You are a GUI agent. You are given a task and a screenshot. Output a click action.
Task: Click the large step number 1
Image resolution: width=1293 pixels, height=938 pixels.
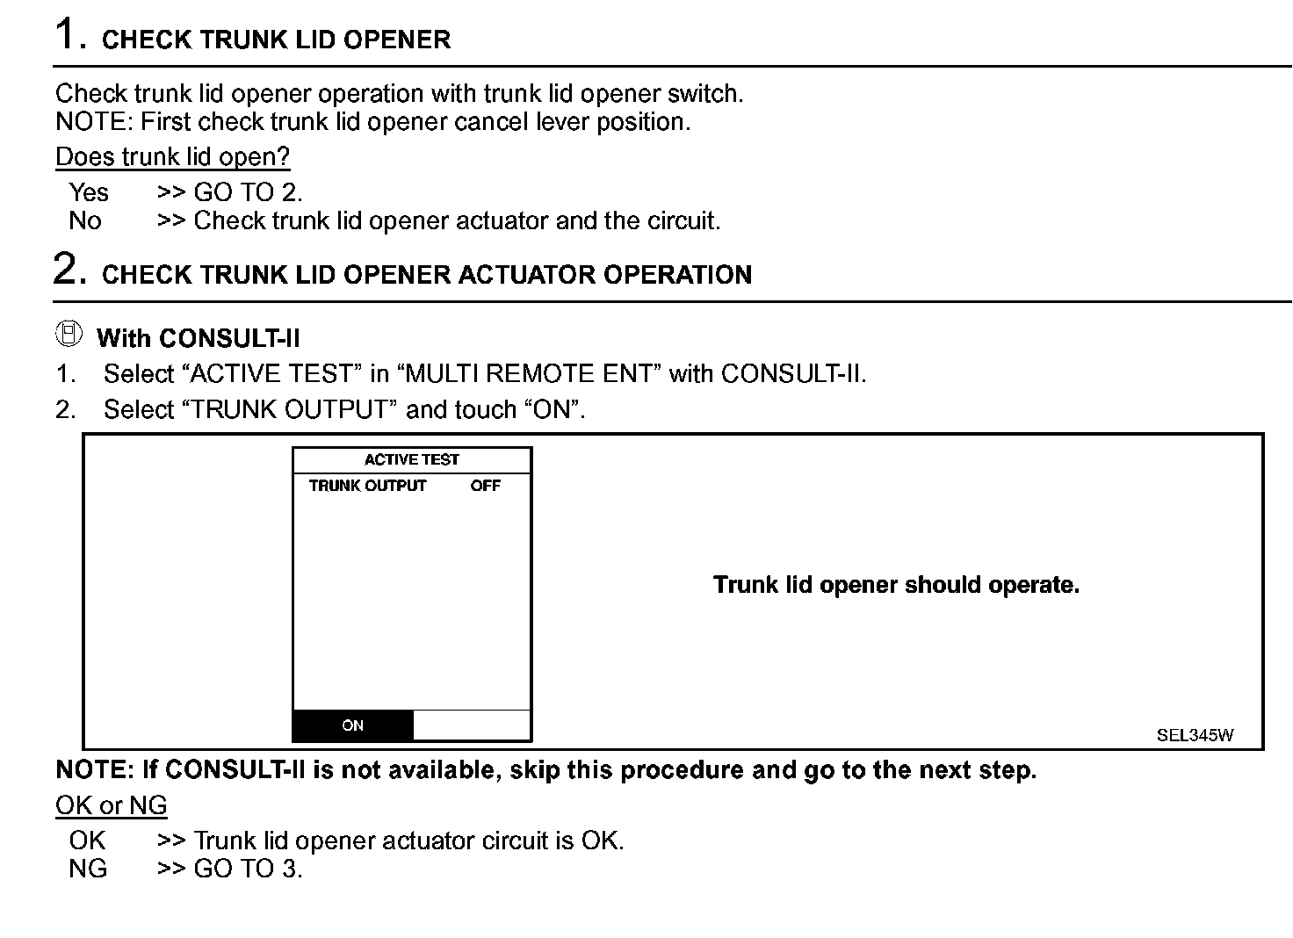coord(69,35)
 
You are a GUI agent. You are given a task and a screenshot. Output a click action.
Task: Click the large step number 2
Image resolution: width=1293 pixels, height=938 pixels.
coord(69,269)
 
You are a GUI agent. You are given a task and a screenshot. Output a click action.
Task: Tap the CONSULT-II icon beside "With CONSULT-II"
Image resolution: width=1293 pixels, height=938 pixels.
coord(69,334)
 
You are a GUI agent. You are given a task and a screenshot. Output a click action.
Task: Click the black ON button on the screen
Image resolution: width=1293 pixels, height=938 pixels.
coord(352,725)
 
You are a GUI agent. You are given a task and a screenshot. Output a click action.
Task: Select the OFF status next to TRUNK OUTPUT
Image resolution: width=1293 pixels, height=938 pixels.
coord(485,486)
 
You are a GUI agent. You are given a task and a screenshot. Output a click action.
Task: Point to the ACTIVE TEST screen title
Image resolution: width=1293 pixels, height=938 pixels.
coord(411,459)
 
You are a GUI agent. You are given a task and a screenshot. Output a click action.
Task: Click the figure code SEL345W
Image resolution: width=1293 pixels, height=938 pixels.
coord(1195,736)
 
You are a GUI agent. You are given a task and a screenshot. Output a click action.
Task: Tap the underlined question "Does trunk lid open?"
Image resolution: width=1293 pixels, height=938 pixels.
coord(172,157)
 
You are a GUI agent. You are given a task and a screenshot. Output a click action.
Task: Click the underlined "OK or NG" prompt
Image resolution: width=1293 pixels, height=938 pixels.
coord(111,805)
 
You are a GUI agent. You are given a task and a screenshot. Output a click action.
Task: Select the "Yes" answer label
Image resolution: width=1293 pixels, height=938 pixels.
coord(89,192)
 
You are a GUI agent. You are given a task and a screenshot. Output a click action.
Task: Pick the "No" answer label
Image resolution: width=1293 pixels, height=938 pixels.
coord(85,220)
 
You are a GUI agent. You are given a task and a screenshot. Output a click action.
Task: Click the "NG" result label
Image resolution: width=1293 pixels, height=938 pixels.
coord(88,869)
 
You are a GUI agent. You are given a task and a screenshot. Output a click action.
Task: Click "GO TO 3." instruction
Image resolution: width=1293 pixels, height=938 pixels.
coord(248,869)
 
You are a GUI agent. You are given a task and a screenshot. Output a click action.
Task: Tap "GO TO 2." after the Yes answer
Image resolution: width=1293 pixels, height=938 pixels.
coord(248,192)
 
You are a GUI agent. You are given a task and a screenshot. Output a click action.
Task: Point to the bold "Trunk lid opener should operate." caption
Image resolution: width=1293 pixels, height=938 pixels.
coord(896,585)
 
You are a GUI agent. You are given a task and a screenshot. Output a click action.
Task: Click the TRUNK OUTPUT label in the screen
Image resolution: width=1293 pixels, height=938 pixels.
coord(367,486)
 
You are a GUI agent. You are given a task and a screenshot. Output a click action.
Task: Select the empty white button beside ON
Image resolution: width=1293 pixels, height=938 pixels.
coord(472,725)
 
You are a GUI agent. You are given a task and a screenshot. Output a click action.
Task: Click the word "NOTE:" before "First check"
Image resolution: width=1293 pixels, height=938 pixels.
coord(94,122)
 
